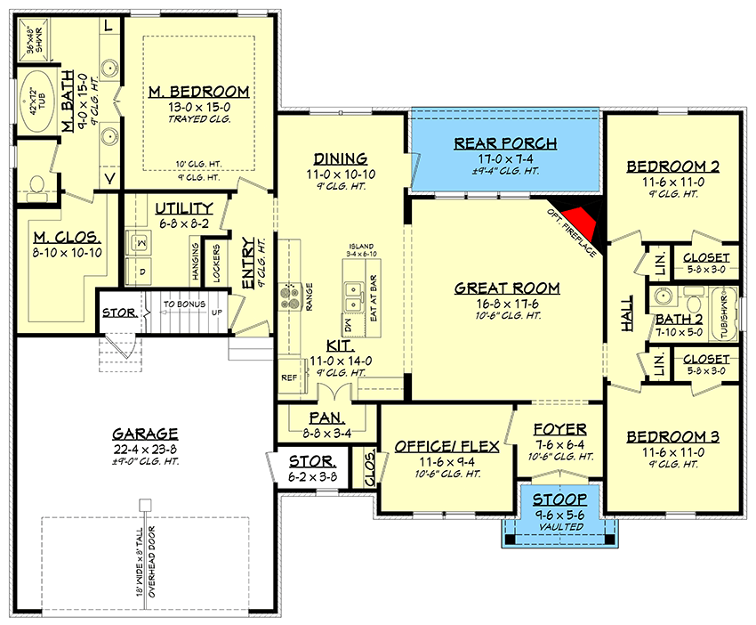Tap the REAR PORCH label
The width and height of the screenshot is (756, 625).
pos(505,143)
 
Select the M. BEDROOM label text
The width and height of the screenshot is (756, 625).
pos(199,93)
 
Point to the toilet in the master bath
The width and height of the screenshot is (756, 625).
pos(36,184)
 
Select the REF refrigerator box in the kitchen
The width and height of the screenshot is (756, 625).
pos(289,377)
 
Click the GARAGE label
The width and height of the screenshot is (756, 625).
pos(144,434)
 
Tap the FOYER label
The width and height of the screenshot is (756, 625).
pos(559,428)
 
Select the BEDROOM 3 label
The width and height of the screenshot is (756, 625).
pos(672,436)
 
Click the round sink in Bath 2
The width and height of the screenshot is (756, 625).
pos(662,296)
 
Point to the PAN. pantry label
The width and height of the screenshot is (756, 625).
pos(326,417)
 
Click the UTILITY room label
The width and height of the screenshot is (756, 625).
pos(183,207)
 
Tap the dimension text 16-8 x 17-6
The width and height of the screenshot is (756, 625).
pos(507,303)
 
